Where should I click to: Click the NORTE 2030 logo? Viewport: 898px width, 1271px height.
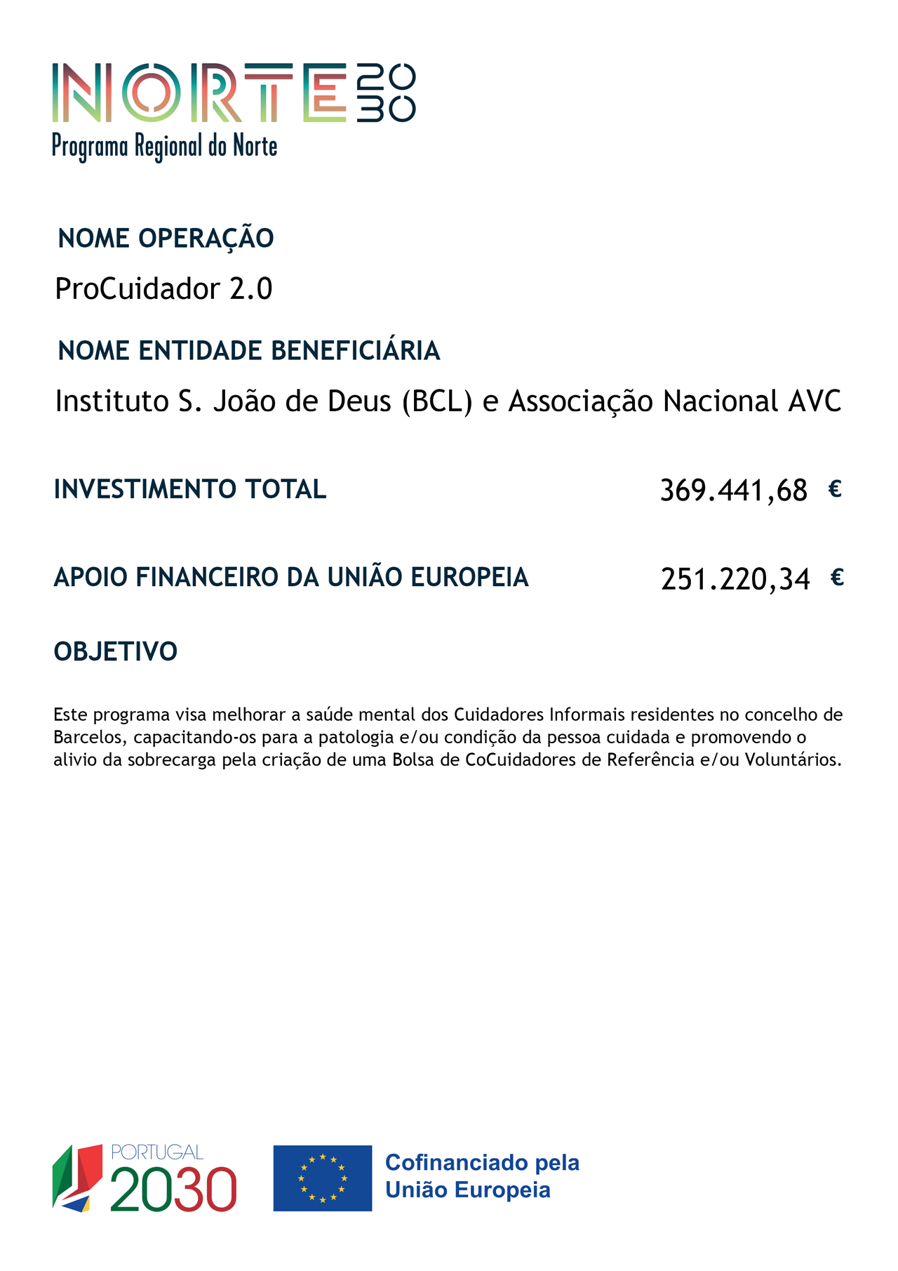[x=234, y=93]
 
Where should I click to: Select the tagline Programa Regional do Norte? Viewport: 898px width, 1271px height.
[x=165, y=147]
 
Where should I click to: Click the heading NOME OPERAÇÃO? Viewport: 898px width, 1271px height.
[x=166, y=239]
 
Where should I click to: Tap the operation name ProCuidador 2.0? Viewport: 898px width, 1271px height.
[x=163, y=288]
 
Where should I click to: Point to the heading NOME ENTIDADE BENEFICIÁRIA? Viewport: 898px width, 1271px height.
[x=249, y=351]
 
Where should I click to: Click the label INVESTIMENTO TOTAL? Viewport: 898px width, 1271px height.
[x=190, y=489]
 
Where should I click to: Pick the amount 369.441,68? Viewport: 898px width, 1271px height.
[x=733, y=491]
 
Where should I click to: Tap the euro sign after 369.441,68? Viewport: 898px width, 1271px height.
[x=834, y=489]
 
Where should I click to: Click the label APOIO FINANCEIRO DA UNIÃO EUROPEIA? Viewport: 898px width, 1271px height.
[x=291, y=578]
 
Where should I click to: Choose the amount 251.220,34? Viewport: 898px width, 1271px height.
[x=735, y=580]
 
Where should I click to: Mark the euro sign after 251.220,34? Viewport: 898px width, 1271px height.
[x=836, y=578]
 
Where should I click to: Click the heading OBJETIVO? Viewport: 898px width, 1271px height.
[x=116, y=652]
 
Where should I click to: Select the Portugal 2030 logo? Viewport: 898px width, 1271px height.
[x=145, y=1178]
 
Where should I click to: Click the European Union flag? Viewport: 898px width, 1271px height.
[x=323, y=1178]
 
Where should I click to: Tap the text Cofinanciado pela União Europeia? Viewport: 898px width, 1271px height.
[x=482, y=1176]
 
